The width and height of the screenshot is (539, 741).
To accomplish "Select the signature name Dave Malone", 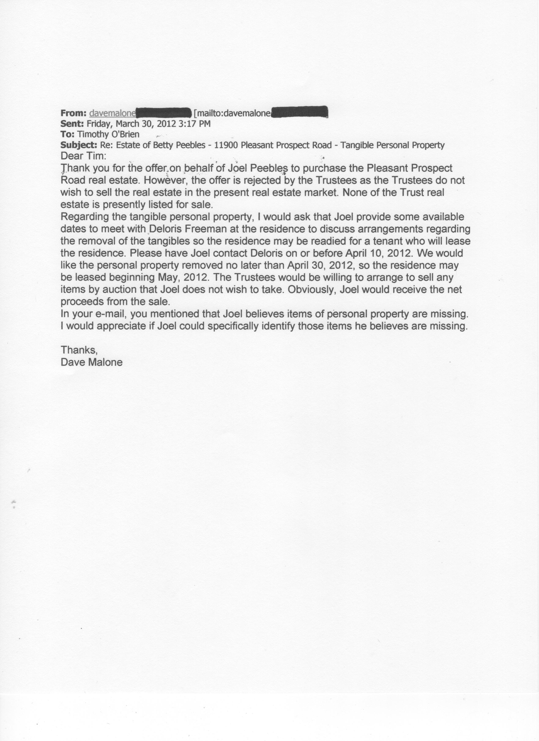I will [92, 362].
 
